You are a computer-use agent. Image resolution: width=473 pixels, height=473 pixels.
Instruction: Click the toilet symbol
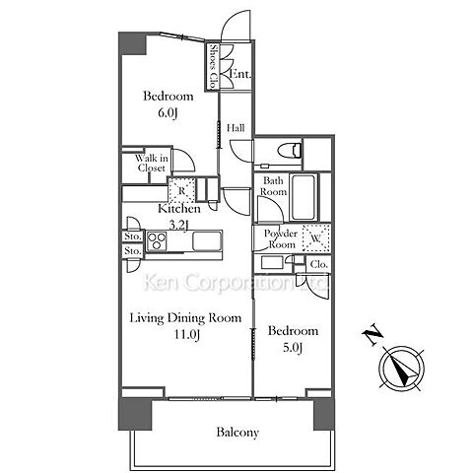point(290,151)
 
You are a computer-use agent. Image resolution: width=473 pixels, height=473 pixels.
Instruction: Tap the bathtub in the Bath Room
point(304,197)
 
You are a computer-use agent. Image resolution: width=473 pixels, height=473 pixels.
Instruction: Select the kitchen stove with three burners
point(157,241)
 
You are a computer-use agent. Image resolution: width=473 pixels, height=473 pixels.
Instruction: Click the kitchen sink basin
point(207,240)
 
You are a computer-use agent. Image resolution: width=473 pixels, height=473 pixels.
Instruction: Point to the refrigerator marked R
point(181,189)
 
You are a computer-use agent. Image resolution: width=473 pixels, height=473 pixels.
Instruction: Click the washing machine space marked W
point(316,238)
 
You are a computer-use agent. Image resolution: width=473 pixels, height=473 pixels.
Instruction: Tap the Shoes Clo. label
point(213,67)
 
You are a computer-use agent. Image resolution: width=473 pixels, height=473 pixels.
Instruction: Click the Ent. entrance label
point(239,74)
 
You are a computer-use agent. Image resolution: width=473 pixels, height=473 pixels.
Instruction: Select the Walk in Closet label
point(152,163)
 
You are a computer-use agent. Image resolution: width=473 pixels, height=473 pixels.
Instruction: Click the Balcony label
point(237,432)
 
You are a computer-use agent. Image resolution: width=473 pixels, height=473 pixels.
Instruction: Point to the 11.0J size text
point(187,335)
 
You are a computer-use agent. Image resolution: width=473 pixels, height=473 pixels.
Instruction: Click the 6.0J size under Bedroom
point(168,113)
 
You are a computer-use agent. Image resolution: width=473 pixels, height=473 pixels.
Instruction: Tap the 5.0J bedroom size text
point(293,348)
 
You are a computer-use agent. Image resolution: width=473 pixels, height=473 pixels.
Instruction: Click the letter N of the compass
point(372,335)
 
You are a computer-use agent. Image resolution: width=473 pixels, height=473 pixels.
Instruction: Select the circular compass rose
point(402,369)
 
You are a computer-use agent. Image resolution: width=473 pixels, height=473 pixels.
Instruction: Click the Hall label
point(236,128)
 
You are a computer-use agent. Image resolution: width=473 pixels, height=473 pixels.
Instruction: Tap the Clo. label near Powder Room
point(319,264)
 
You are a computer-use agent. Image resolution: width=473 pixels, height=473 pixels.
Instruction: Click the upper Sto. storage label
point(133,236)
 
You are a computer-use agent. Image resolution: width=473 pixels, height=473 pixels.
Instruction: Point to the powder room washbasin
point(272,263)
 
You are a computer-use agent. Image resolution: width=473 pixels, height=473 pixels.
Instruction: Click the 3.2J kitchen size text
point(179,226)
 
